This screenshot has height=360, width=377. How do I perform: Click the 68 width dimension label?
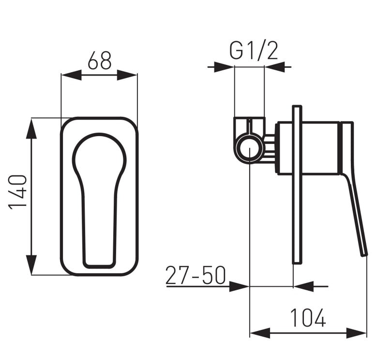[100, 60]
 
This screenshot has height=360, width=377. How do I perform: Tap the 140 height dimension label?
[17, 192]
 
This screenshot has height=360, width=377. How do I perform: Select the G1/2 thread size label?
[254, 51]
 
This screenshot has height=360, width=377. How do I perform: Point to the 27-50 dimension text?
[196, 275]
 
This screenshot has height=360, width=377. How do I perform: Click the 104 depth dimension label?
[308, 318]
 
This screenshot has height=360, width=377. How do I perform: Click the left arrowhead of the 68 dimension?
[72, 75]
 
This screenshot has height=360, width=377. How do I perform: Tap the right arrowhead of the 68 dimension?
[127, 75]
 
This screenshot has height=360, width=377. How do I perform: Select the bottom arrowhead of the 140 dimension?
[31, 265]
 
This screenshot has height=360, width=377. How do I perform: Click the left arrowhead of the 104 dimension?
[260, 333]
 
